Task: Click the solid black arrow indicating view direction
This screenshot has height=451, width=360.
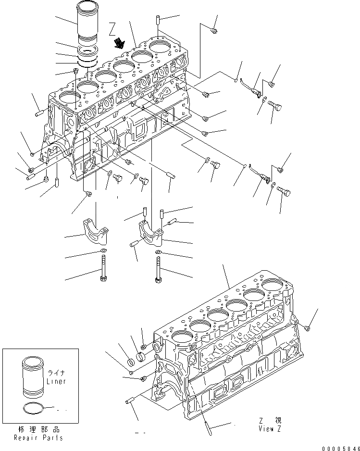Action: [x=118, y=44]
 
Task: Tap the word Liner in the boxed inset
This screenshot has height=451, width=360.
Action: [x=56, y=381]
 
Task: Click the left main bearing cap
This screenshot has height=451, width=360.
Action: [x=96, y=229]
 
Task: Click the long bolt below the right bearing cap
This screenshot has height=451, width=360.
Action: [x=158, y=269]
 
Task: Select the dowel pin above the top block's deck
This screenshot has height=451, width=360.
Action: [x=158, y=21]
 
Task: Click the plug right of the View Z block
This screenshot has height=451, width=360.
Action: [x=308, y=328]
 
